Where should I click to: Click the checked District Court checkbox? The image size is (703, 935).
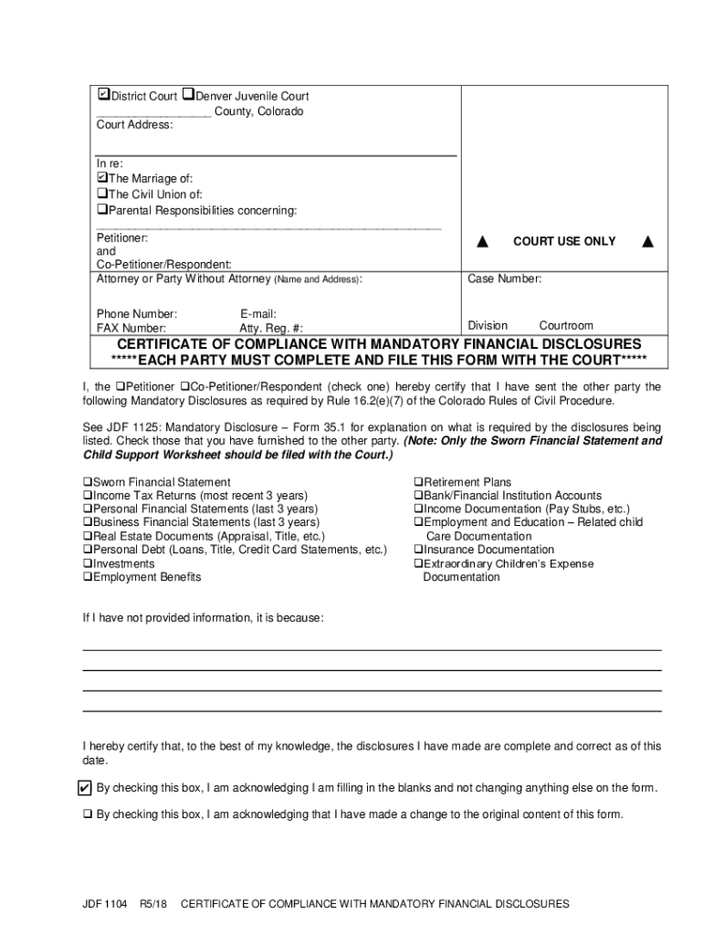point(103,95)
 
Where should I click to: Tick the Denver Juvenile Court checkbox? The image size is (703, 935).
point(188,95)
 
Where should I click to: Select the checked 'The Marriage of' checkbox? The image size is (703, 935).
point(102,178)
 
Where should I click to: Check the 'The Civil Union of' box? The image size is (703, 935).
point(102,194)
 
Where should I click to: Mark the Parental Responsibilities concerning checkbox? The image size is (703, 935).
point(102,210)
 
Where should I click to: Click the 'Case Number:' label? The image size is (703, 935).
point(505,278)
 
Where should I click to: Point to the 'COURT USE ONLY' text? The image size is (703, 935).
point(564,241)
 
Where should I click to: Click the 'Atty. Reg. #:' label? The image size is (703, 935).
point(270,328)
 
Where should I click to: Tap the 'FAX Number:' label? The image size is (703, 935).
point(131,328)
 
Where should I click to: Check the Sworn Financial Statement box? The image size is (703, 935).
point(88,482)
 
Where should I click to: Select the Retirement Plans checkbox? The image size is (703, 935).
point(418,482)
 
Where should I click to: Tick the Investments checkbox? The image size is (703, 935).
point(88,564)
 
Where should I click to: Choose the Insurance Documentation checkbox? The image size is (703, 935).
point(418,550)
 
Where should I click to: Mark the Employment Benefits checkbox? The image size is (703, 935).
point(88,578)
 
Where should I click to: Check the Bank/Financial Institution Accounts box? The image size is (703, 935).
point(418,496)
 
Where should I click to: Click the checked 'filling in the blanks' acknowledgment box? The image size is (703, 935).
point(85,788)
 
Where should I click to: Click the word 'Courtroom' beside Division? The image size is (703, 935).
point(565,325)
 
